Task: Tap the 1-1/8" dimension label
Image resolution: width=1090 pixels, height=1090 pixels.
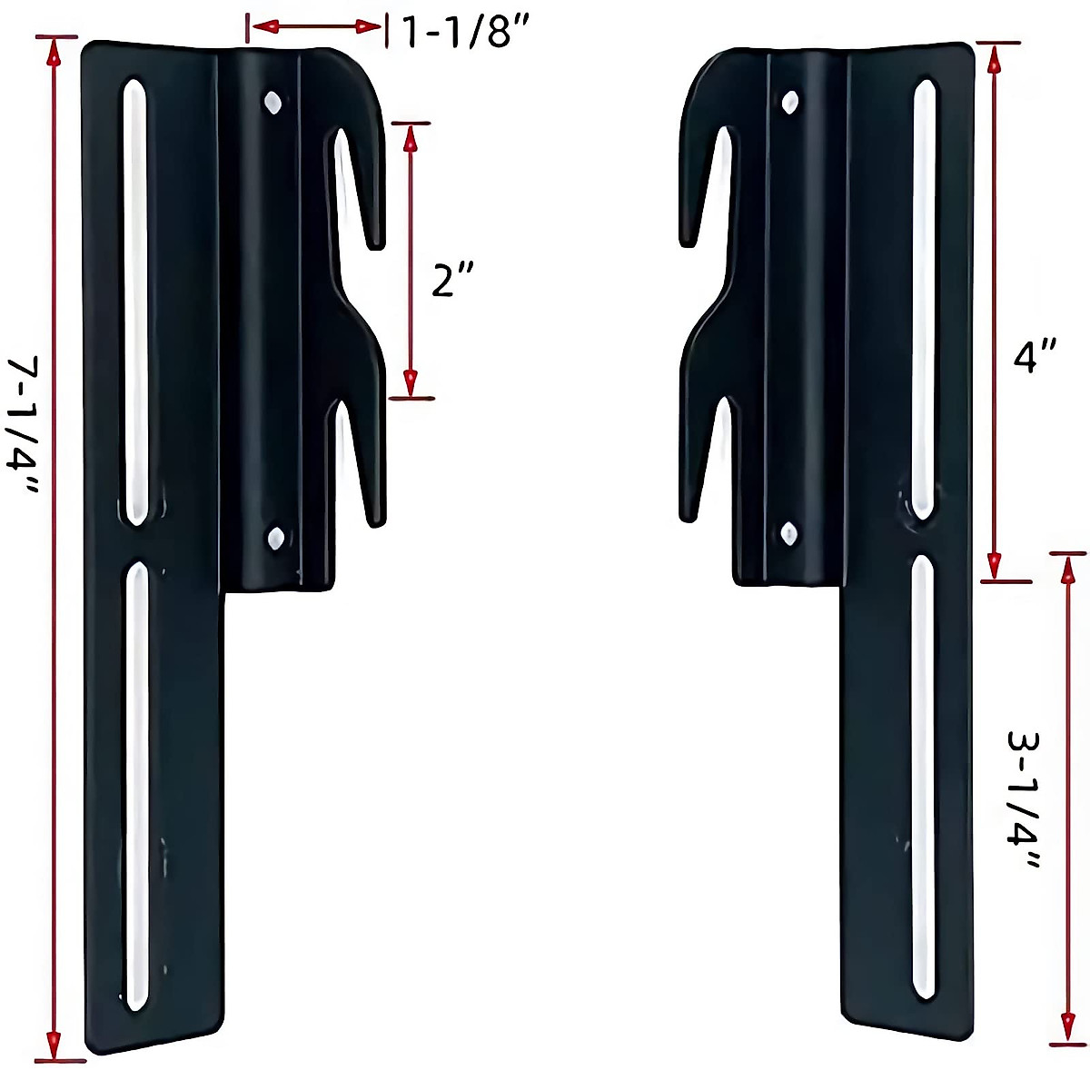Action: (464, 34)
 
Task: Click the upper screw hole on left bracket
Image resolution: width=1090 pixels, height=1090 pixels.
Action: (272, 102)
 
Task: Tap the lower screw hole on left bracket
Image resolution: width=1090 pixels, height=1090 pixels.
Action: (275, 539)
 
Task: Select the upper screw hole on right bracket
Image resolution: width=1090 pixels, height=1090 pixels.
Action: (789, 101)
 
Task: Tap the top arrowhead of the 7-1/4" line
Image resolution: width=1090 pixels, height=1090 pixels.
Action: (55, 52)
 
